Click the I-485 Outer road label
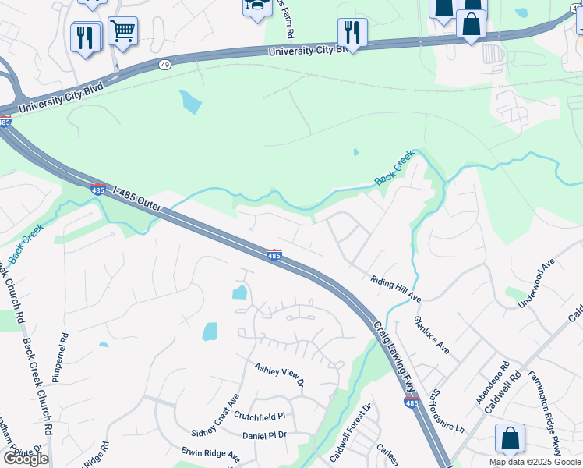tap(137, 202)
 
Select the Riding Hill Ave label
tap(395, 289)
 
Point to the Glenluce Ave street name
tap(431, 335)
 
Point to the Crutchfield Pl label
tap(260, 417)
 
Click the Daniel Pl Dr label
tap(265, 435)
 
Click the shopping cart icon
tap(122, 31)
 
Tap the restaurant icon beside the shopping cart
tap(85, 36)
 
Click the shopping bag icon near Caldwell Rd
tap(509, 438)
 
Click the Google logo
tap(26, 459)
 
